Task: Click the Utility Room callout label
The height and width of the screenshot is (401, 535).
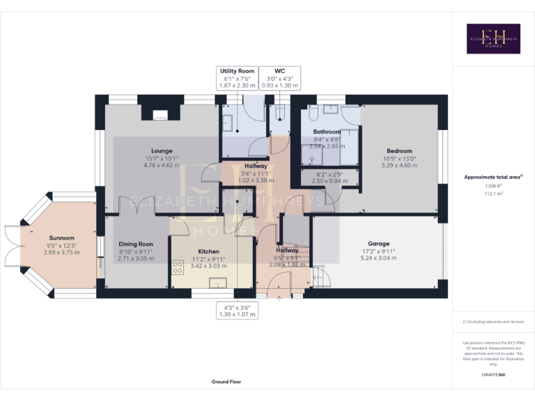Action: coord(237,71)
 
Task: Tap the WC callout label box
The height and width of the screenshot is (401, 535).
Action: coord(280,71)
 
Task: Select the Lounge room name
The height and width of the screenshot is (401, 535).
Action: coord(162,150)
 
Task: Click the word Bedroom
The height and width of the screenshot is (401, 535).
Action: coord(400,150)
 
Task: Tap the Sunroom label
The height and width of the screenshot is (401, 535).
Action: coord(61,237)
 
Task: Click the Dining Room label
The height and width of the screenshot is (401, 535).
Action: coord(136,244)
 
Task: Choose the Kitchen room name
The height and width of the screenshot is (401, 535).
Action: coord(208,251)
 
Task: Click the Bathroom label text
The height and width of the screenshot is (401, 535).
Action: coord(327,132)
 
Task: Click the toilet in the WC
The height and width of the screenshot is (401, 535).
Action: coord(280,113)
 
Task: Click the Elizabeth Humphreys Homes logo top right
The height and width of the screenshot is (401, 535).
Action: coord(493,39)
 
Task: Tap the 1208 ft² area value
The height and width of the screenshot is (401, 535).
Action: coord(493,187)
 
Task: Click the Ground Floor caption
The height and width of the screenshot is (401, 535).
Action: coord(226,382)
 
